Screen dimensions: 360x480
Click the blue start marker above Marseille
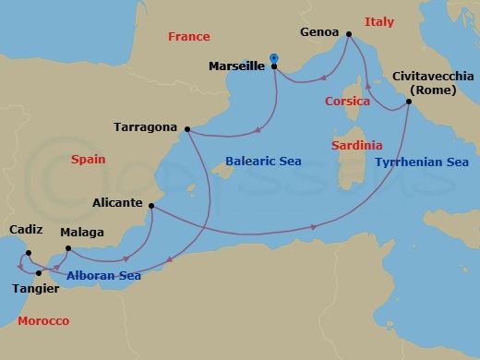[274, 59]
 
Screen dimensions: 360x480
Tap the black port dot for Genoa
[348, 35]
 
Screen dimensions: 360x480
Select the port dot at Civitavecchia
[408, 102]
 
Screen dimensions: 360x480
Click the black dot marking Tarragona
[187, 129]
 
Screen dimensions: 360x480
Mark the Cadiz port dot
[29, 253]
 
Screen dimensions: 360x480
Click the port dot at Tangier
[38, 273]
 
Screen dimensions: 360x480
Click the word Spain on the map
[88, 160]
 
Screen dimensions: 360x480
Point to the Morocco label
[43, 320]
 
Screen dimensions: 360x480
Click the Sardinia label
[356, 146]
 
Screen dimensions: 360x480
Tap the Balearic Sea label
[261, 162]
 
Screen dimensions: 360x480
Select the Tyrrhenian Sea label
[423, 162]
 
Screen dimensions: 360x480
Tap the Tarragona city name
[144, 126]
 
